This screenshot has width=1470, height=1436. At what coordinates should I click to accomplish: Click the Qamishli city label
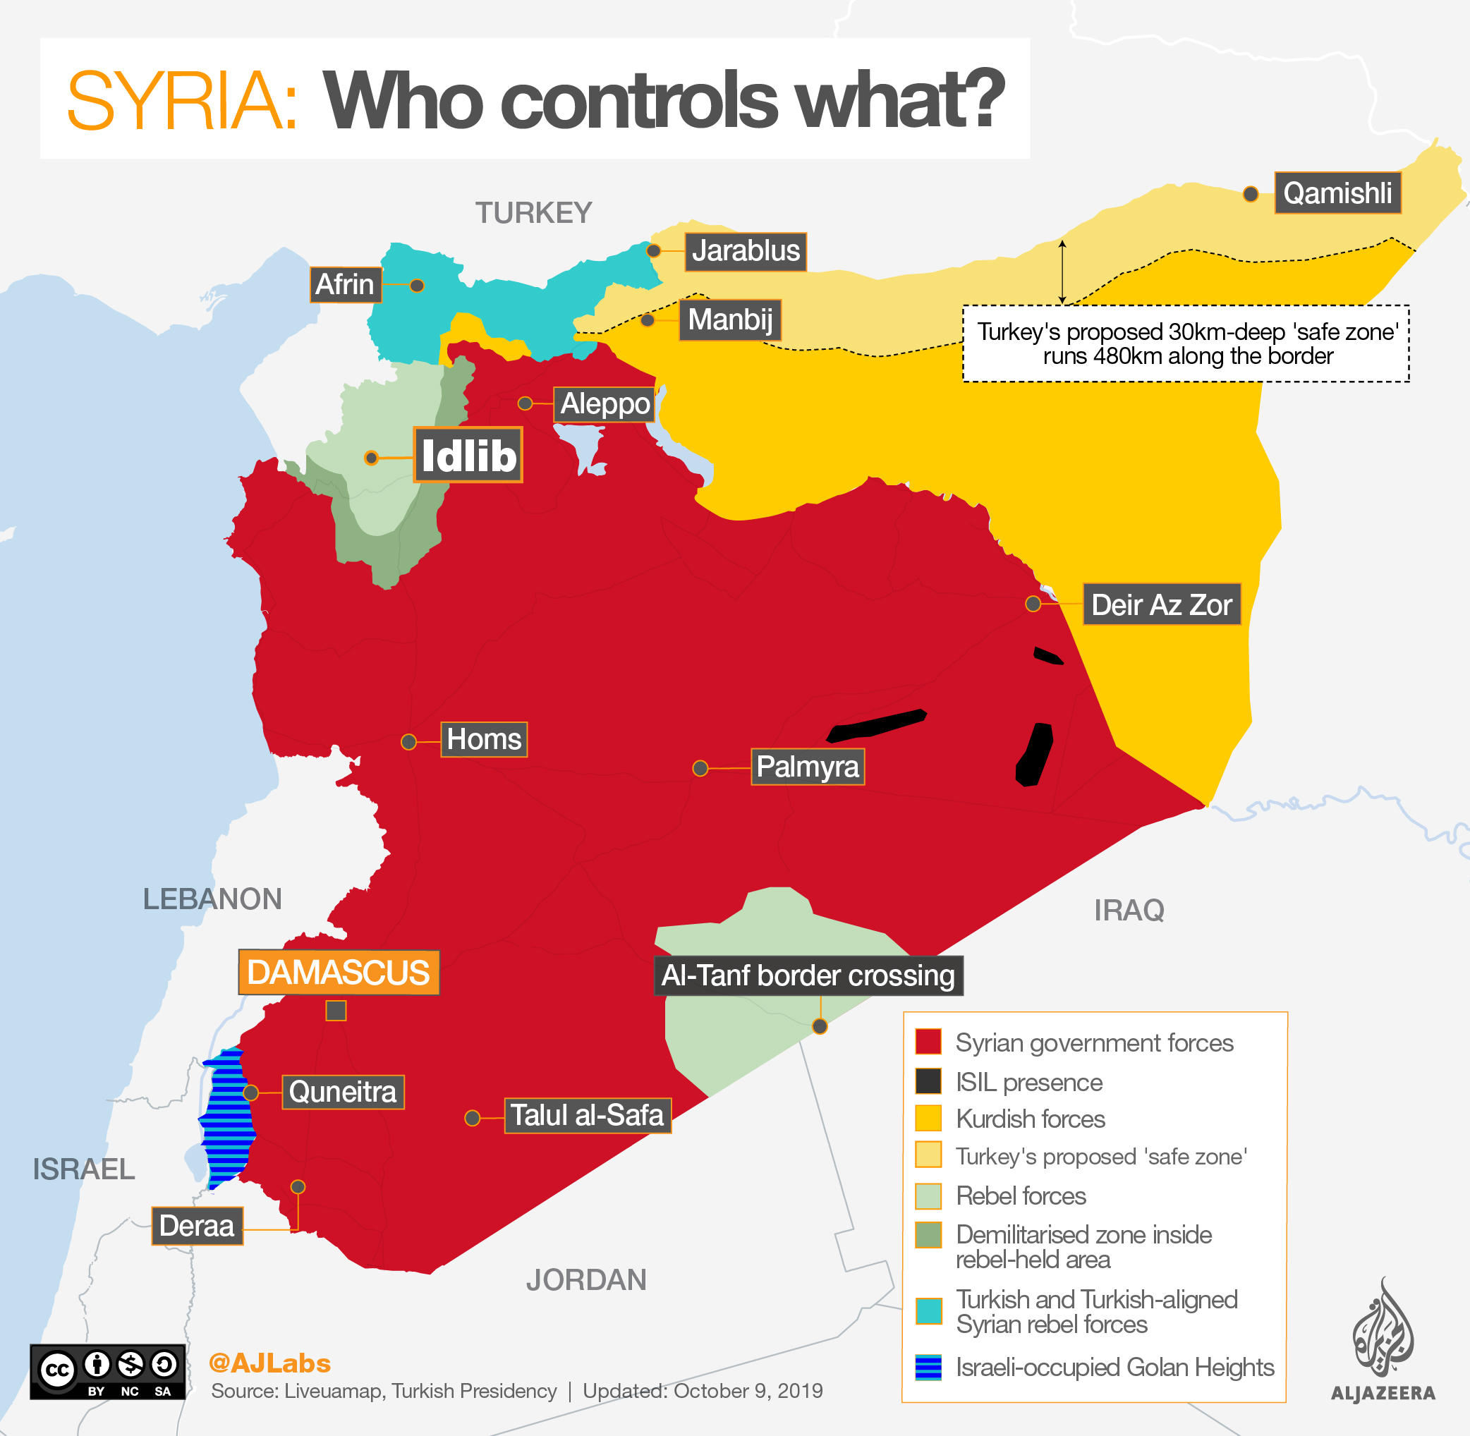point(1337,193)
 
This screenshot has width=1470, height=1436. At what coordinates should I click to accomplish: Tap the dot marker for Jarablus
point(654,250)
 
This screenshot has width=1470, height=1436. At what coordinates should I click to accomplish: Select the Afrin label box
point(345,284)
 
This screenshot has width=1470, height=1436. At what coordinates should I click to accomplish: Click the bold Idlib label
point(468,456)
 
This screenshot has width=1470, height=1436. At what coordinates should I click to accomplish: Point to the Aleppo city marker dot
point(525,403)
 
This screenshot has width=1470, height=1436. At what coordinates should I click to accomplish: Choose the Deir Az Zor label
point(1161,604)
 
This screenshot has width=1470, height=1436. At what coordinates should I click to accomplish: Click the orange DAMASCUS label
point(339,972)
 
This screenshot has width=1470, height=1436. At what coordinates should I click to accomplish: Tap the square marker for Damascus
point(336,1010)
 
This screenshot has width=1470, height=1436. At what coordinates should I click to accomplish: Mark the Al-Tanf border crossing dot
point(820,1026)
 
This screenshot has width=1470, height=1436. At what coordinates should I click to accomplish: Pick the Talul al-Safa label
point(587,1114)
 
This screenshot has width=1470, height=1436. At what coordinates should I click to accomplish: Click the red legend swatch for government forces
point(928,1042)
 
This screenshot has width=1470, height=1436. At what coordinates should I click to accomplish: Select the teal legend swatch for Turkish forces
point(928,1310)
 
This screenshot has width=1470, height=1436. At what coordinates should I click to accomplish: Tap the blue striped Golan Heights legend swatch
point(928,1367)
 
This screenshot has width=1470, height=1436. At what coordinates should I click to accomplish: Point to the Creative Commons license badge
point(107,1371)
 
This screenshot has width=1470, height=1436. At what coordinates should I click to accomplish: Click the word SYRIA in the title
point(183,100)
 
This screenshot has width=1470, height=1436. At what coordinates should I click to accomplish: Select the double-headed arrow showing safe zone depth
point(1062,272)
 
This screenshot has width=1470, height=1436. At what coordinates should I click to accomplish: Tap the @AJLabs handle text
point(269,1363)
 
